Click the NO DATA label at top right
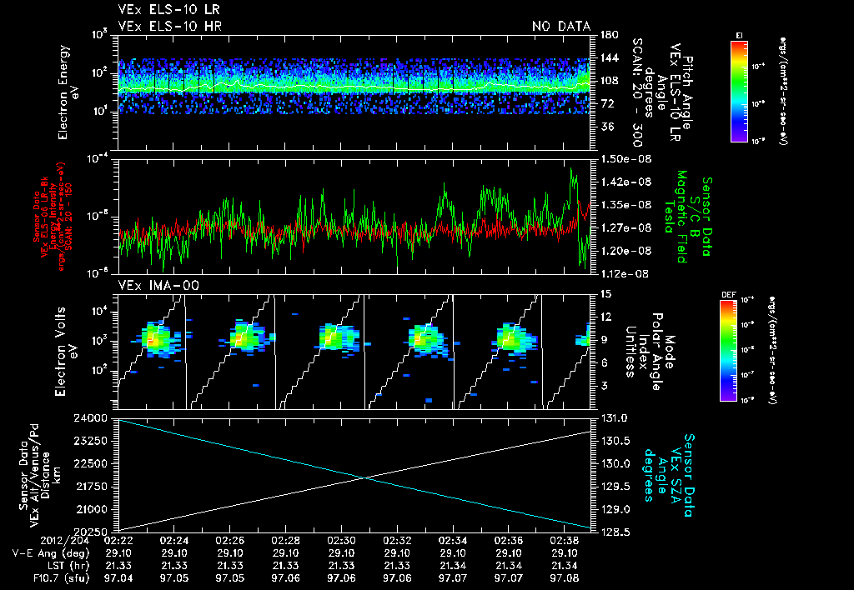[560, 26]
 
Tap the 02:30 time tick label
[342, 541]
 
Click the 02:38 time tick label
[565, 541]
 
